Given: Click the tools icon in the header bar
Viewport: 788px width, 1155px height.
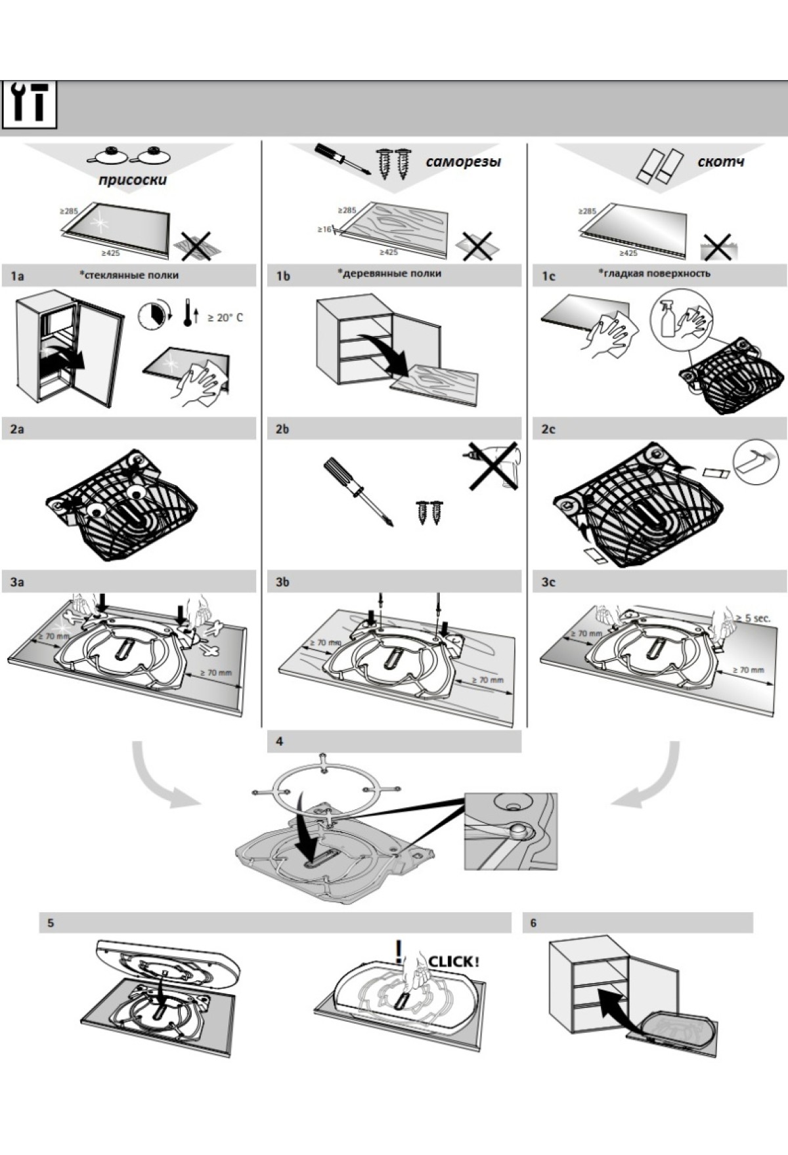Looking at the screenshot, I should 30,105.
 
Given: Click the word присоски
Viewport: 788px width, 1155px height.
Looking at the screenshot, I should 133,179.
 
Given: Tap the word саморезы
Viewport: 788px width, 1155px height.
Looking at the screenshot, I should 463,161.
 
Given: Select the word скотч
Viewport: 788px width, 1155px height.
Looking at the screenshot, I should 720,161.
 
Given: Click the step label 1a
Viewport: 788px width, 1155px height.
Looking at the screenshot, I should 18,276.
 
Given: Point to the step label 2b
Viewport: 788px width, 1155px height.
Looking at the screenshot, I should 282,429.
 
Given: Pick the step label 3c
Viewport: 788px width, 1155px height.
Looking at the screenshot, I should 548,582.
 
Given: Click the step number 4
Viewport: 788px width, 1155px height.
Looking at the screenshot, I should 280,742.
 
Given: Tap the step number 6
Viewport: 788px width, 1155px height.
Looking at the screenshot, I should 533,923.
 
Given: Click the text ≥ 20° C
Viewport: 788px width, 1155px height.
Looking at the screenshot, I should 225,318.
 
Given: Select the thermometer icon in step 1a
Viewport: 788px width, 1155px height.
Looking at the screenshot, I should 188,314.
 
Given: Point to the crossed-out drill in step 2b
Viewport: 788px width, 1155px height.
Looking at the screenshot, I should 494,465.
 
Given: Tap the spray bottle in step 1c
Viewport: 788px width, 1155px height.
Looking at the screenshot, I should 668,321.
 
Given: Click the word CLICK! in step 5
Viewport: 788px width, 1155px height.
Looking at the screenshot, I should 453,962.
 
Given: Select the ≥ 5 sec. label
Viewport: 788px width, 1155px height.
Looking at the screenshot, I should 753,618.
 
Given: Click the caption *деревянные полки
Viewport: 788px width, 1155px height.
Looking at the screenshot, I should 389,273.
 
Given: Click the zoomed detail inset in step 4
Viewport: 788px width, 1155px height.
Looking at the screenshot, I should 510,831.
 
